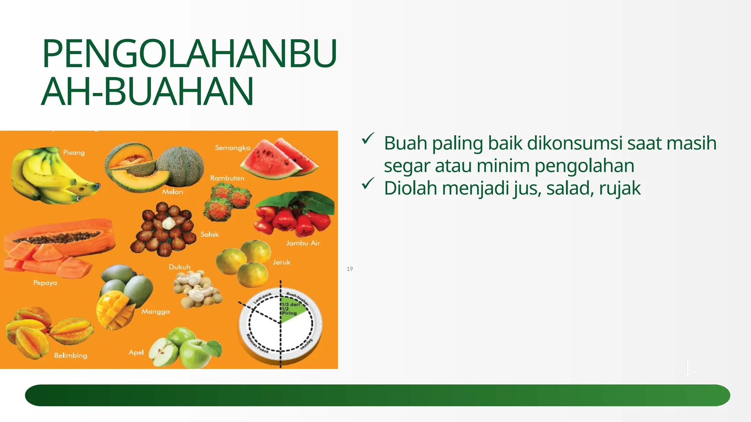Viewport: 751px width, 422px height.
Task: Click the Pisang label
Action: pyautogui.click(x=74, y=152)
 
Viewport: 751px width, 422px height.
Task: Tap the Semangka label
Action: pyautogui.click(x=232, y=148)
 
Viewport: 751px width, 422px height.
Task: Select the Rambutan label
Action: pyautogui.click(x=227, y=178)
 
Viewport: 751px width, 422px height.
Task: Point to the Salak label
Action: pyautogui.click(x=209, y=234)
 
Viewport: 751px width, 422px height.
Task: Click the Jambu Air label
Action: pyautogui.click(x=303, y=243)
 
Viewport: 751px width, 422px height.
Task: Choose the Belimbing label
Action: pyautogui.click(x=70, y=355)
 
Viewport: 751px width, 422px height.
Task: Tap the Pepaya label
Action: pyautogui.click(x=45, y=283)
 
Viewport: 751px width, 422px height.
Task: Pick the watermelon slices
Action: pyautogui.click(x=281, y=159)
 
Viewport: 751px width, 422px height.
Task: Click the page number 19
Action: pyautogui.click(x=350, y=269)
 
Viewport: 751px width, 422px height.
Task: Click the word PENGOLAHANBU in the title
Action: pyautogui.click(x=189, y=53)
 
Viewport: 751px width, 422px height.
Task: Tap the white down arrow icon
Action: pyautogui.click(x=687, y=368)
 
